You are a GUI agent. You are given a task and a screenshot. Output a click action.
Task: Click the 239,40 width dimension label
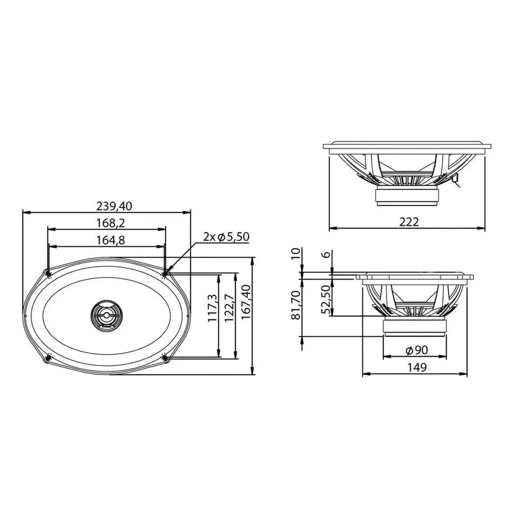click(114, 206)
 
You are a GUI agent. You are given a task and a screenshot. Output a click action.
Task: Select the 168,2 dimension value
click(110, 223)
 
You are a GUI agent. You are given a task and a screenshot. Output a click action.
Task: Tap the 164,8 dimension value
click(110, 240)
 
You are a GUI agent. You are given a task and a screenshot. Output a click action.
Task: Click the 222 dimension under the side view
click(408, 222)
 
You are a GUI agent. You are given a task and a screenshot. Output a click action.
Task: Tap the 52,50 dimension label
click(326, 300)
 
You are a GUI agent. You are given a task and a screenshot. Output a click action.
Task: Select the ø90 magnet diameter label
click(417, 350)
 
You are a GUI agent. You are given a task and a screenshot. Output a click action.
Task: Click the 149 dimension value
click(417, 367)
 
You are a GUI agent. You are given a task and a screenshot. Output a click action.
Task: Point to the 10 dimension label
click(296, 253)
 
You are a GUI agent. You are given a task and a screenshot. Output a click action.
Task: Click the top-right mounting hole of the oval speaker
click(165, 273)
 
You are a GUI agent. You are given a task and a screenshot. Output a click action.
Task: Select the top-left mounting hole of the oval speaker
click(48, 273)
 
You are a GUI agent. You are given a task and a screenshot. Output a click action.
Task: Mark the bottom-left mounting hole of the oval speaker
click(48, 358)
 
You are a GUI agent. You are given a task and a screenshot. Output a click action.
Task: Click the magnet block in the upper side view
click(407, 196)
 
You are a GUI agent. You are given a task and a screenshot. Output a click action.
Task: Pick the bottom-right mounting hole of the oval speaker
click(165, 358)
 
